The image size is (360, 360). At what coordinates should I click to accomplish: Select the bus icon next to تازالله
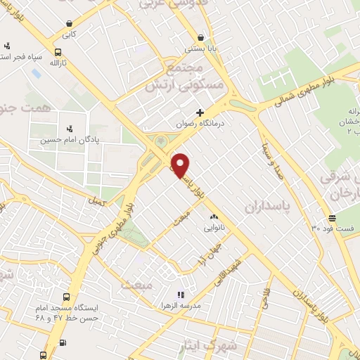pos(57,51)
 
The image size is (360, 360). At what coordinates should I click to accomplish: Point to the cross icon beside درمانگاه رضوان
pos(200,112)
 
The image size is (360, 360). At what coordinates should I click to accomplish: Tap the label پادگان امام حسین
pos(69,139)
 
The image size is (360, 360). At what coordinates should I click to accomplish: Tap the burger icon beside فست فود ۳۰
pos(332,218)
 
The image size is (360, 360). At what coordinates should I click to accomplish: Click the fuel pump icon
pos(64,342)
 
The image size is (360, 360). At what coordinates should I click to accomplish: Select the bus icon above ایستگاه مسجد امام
pos(67,297)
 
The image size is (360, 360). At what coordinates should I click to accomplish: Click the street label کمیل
pos(94,202)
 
